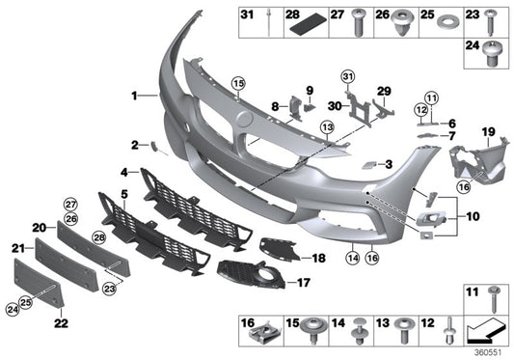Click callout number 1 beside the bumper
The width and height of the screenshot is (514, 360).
pos(135,96)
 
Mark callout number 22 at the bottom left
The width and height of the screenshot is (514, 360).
pos(61,324)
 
